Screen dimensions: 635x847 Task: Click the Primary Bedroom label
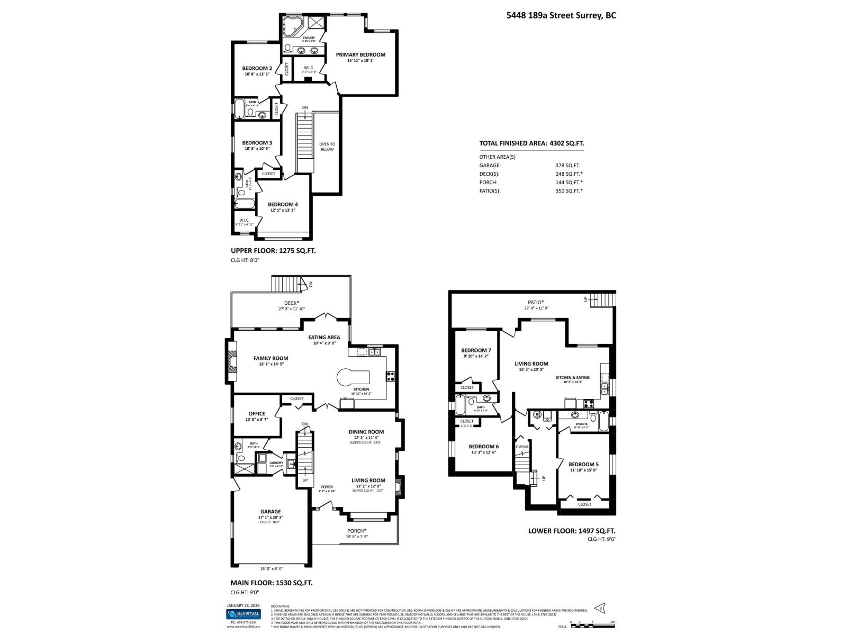(361, 55)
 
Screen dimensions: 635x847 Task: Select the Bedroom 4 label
(283, 204)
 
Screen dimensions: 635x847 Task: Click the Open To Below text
(327, 147)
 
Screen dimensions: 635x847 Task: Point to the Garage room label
(271, 512)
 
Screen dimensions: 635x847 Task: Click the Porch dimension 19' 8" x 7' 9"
(357, 537)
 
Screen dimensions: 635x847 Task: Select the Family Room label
(271, 358)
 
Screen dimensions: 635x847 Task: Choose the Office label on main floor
(257, 414)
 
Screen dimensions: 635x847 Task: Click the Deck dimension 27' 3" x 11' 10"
(292, 309)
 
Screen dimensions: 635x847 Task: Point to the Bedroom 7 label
(476, 350)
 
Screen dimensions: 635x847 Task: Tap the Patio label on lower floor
(535, 302)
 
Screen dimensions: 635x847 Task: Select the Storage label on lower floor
(522, 447)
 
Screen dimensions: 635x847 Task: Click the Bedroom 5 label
(583, 464)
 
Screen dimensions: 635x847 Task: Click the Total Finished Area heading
(531, 143)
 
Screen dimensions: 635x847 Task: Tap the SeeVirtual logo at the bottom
(244, 614)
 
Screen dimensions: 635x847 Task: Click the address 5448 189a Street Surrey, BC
(561, 15)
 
